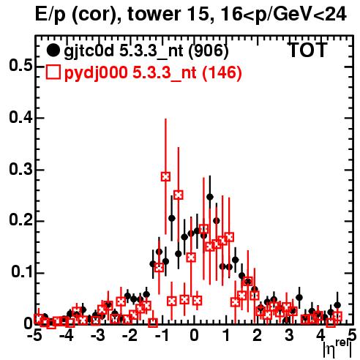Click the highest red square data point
click(165, 176)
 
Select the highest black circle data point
click(210, 197)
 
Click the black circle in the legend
click(53, 50)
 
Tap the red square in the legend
click(53, 72)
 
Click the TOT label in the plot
click(308, 50)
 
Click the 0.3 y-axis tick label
click(20, 169)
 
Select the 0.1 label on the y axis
click(22, 272)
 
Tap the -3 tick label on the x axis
click(97, 335)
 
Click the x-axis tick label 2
click(257, 335)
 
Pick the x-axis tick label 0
click(194, 335)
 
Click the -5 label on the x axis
click(34, 335)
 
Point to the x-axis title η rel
click(337, 349)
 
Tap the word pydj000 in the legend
click(96, 73)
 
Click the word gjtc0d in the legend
click(89, 51)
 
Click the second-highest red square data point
click(179, 195)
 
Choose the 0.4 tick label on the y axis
click(20, 118)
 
